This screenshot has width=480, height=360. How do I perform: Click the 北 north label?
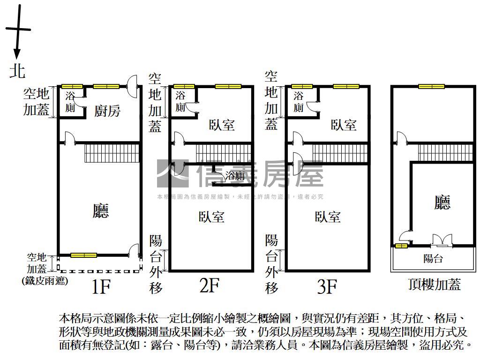pyautogui.click(x=18, y=71)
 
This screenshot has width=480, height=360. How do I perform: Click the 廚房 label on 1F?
pyautogui.click(x=107, y=111)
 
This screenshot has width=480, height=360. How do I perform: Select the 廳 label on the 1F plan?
pyautogui.click(x=100, y=211)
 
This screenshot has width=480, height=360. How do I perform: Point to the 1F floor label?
pyautogui.click(x=100, y=286)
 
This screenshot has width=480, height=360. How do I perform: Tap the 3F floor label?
pyautogui.click(x=327, y=286)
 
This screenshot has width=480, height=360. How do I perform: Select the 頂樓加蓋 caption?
pyautogui.click(x=435, y=284)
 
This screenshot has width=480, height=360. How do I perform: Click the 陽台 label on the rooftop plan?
pyautogui.click(x=433, y=259)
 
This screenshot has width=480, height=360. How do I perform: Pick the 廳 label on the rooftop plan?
pyautogui.click(x=442, y=202)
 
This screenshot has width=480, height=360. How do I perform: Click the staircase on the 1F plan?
pyautogui.click(x=112, y=152)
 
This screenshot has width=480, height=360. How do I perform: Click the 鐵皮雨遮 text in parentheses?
pyautogui.click(x=45, y=281)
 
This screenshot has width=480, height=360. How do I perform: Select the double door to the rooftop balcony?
pyautogui.click(x=441, y=240)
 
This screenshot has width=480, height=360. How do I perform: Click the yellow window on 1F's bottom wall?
pyautogui.click(x=83, y=255)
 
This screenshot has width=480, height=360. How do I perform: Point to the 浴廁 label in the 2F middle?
pyautogui.click(x=235, y=176)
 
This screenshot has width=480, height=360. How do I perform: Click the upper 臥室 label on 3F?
pyautogui.click(x=344, y=125)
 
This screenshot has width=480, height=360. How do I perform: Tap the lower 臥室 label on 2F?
pyautogui.click(x=211, y=217)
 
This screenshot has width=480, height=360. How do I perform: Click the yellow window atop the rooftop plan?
pyautogui.click(x=431, y=86)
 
